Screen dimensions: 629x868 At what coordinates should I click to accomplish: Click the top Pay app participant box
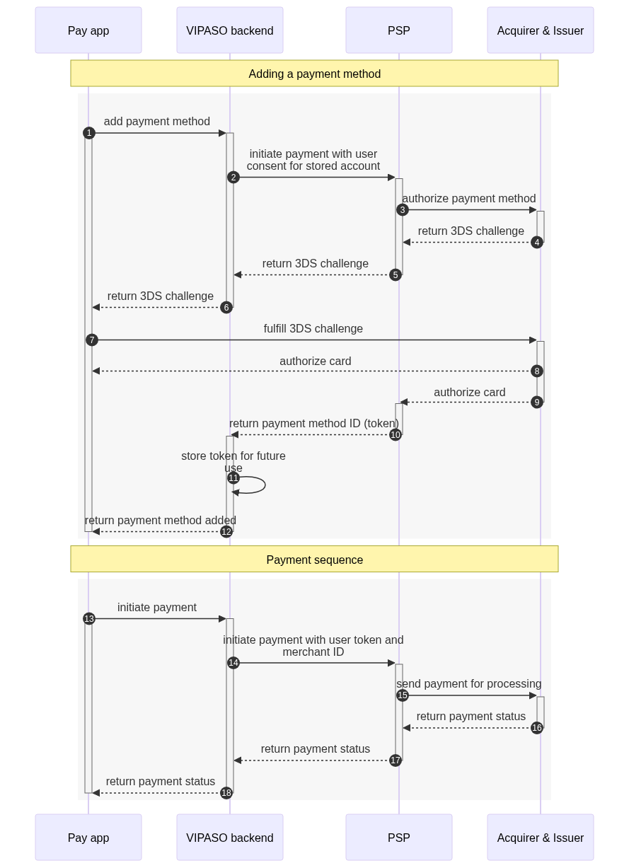(x=88, y=30)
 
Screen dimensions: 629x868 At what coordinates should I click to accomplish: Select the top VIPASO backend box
(x=230, y=30)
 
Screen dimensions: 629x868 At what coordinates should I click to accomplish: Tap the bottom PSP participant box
(x=399, y=837)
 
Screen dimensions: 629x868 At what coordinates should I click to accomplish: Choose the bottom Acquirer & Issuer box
(x=541, y=837)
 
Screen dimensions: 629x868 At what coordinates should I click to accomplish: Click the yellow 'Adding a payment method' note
(x=314, y=74)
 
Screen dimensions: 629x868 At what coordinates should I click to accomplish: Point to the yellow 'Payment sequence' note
(x=314, y=559)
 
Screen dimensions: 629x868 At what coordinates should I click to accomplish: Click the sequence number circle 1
(x=89, y=133)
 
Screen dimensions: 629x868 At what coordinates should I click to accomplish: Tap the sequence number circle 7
(x=92, y=340)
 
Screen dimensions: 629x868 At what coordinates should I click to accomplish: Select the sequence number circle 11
(x=233, y=478)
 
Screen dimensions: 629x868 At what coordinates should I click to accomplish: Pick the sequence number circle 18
(x=226, y=793)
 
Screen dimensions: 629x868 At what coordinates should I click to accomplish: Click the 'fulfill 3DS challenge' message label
(x=313, y=329)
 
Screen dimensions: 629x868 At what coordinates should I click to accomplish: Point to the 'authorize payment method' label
(x=469, y=198)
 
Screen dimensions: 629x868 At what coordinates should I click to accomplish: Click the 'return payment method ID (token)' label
(x=314, y=423)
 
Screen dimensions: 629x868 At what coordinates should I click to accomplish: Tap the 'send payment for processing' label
(x=468, y=683)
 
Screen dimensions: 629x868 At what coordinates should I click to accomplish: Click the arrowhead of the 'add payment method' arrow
(x=222, y=133)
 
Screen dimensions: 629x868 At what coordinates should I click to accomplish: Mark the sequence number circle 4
(x=537, y=242)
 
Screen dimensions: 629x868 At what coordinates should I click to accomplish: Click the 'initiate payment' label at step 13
(x=157, y=607)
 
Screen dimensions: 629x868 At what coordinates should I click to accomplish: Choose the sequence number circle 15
(x=403, y=695)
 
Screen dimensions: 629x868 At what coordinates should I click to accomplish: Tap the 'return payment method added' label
(x=161, y=520)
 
